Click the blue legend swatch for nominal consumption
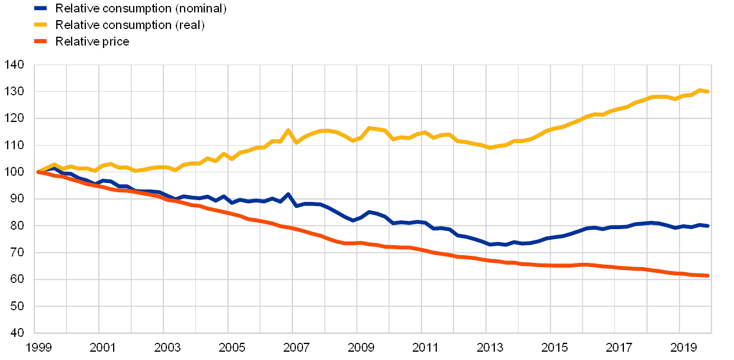pos(40,8)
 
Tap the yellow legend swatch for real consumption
pos(40,25)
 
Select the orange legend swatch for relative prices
pos(40,41)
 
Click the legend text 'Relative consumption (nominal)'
pos(142,8)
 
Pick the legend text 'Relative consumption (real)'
pos(131,25)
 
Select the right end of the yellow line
pos(709,91)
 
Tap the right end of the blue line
pos(709,226)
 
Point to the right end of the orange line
pos(709,275)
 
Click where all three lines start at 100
pos(38,172)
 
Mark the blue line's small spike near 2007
pos(288,194)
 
